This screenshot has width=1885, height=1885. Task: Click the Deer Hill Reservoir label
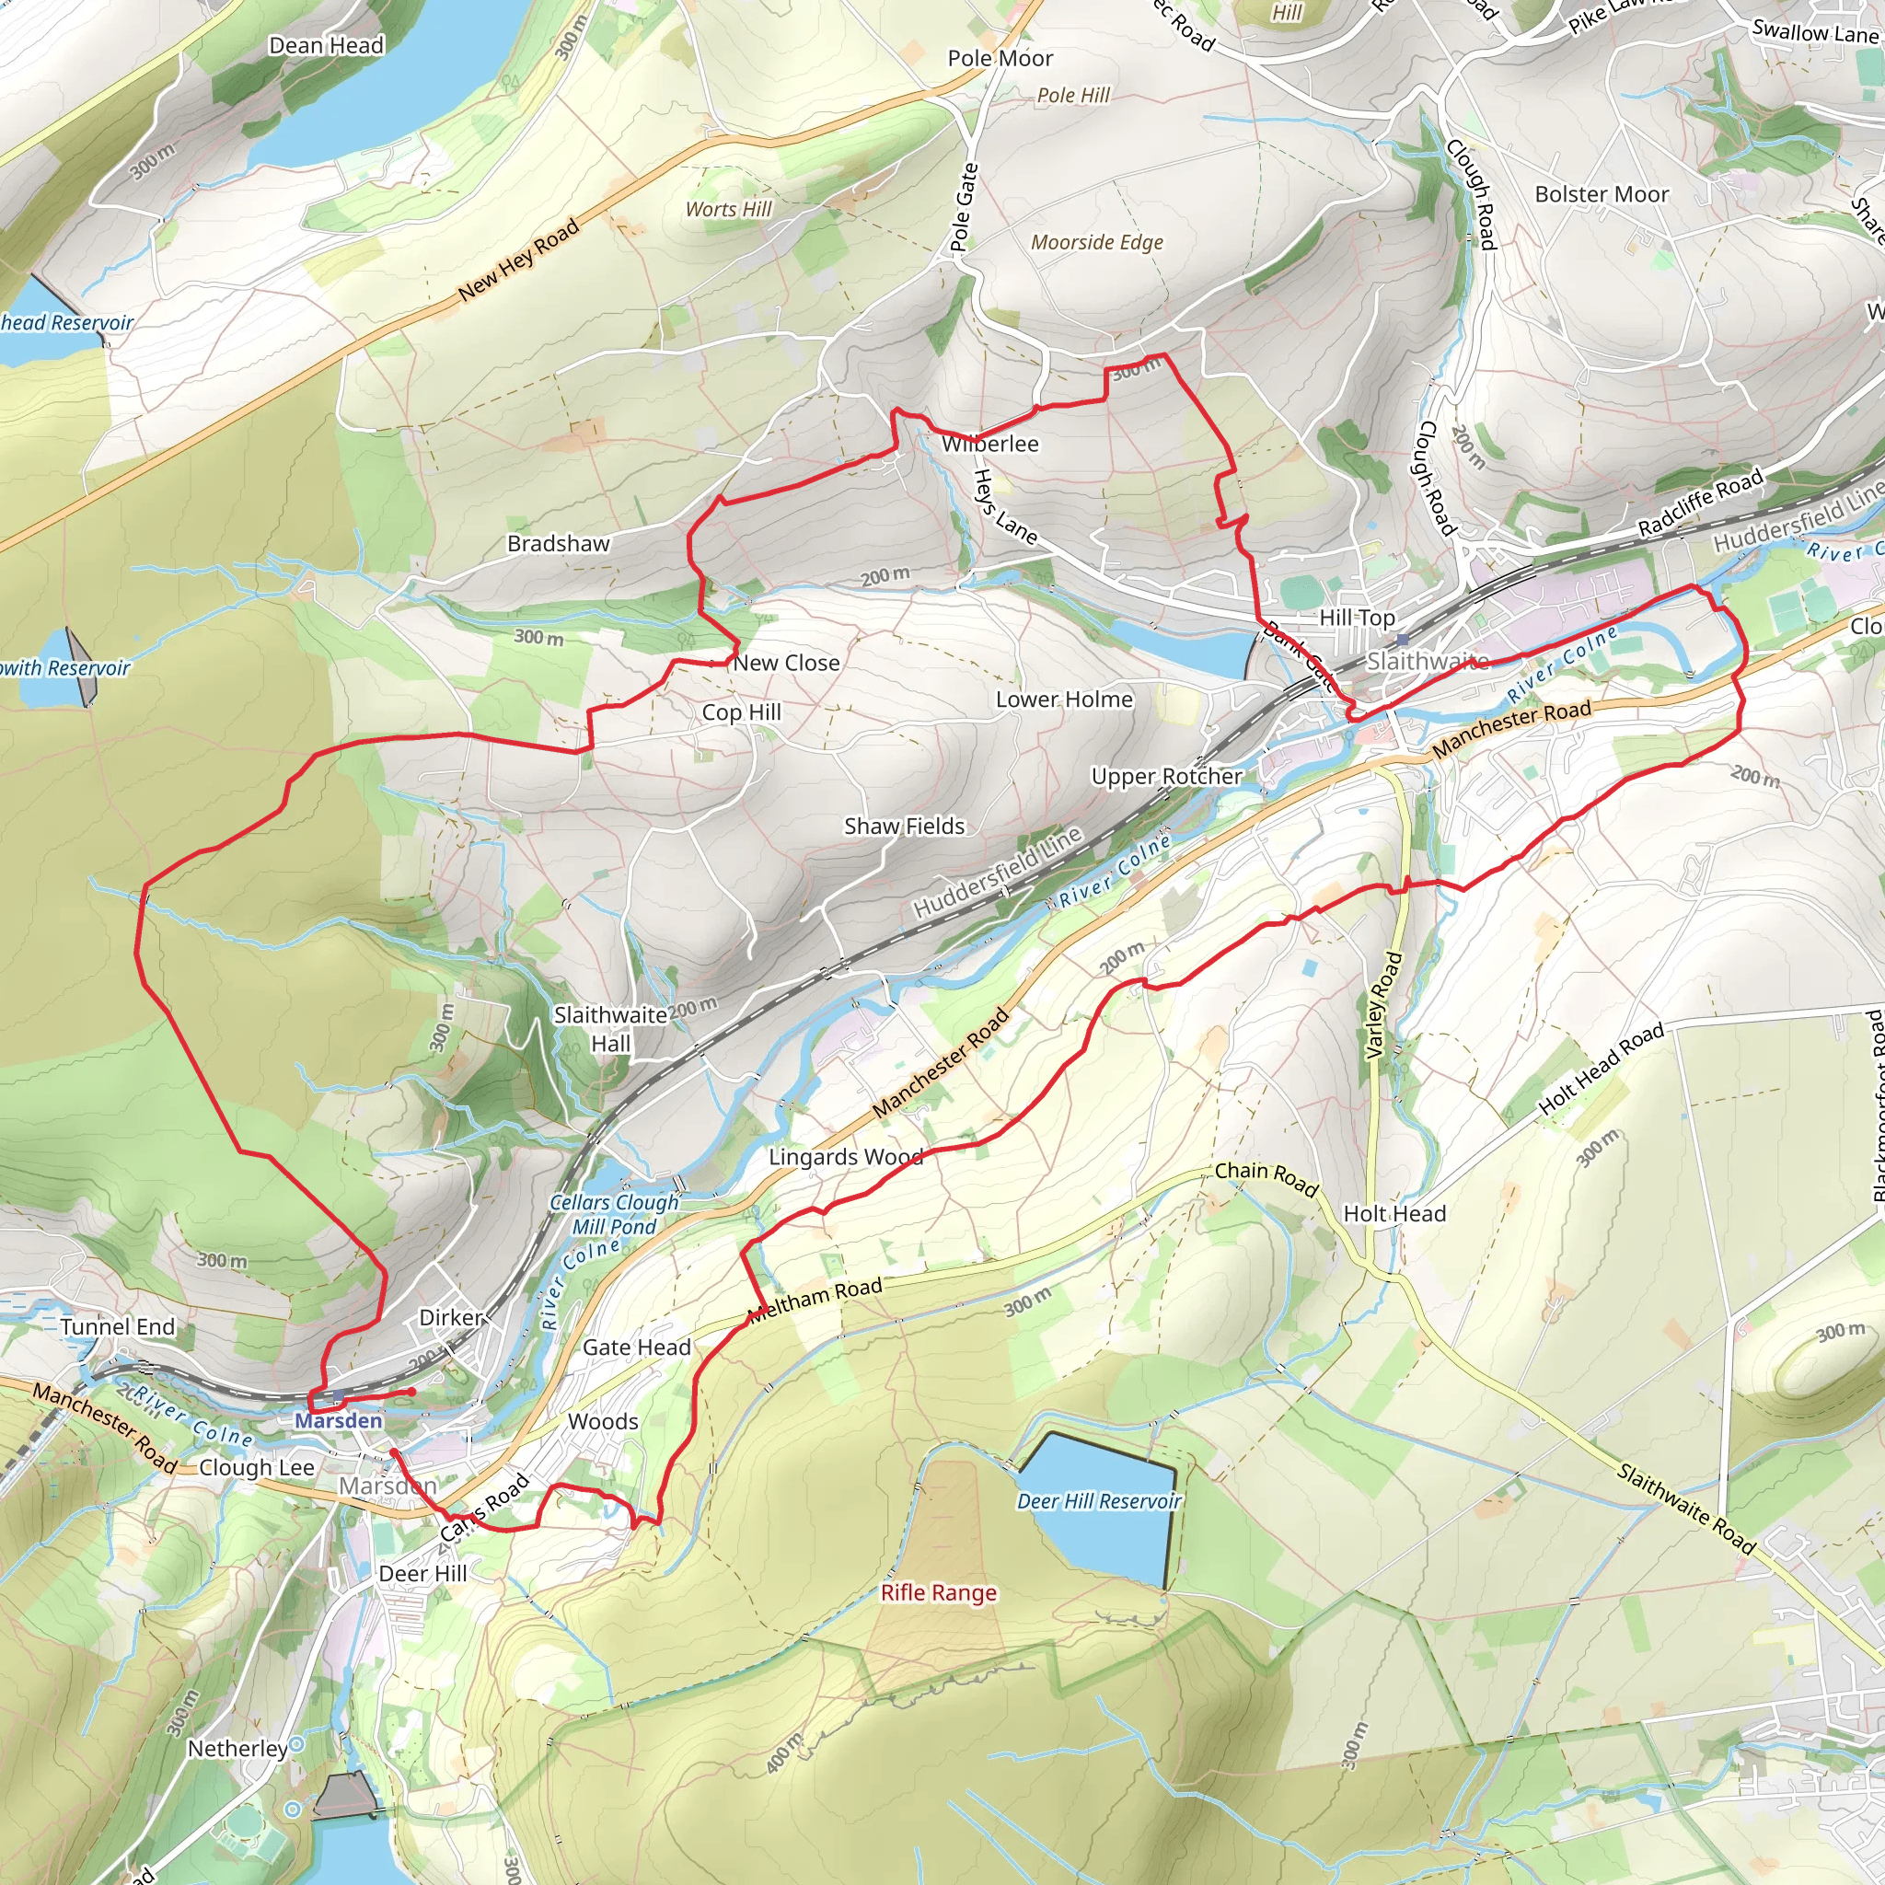click(x=1099, y=1500)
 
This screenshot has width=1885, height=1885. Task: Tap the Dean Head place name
click(x=326, y=46)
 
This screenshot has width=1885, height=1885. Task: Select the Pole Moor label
click(x=1000, y=59)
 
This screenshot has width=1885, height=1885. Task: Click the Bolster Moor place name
click(x=1602, y=194)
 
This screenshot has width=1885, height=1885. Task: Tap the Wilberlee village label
click(x=989, y=444)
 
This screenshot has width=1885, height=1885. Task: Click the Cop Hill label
click(x=742, y=712)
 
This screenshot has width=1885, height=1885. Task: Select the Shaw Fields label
click(x=904, y=827)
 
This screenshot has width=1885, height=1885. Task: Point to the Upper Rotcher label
click(x=1166, y=777)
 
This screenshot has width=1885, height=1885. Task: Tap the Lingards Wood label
click(x=845, y=1157)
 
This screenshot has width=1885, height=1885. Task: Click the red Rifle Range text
click(x=939, y=1592)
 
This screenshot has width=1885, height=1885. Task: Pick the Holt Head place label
click(x=1394, y=1214)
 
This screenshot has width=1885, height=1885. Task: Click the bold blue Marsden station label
click(x=339, y=1420)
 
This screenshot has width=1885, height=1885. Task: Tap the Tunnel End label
click(x=117, y=1327)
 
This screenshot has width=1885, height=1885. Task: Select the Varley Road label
click(x=1382, y=1005)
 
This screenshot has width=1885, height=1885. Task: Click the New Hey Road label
click(x=518, y=260)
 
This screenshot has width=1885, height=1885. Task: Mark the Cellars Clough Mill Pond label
click(x=614, y=1215)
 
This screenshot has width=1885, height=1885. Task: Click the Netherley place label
click(x=237, y=1749)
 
